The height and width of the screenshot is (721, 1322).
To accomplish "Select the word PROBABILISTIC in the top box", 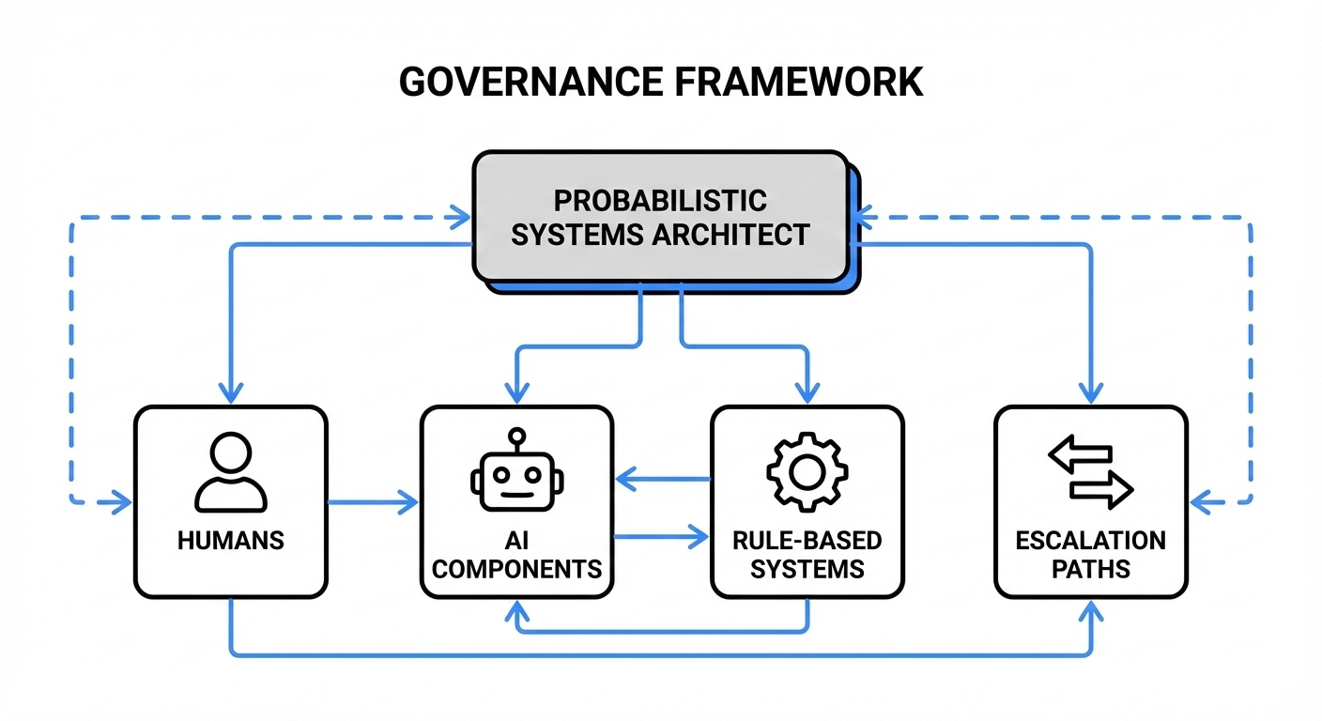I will pyautogui.click(x=659, y=201).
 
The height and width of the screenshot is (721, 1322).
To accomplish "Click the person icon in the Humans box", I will pyautogui.click(x=231, y=471).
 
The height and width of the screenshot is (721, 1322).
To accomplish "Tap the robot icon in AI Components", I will pyautogui.click(x=515, y=471).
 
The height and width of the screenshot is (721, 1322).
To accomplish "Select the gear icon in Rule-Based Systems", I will pyautogui.click(x=807, y=471).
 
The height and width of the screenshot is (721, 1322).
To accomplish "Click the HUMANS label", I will pyautogui.click(x=231, y=541).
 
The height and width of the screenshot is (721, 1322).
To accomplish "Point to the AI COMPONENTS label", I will pyautogui.click(x=516, y=555).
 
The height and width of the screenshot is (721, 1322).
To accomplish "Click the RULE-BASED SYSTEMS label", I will pyautogui.click(x=807, y=555).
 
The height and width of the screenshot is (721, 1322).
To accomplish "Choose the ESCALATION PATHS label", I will pyautogui.click(x=1090, y=555).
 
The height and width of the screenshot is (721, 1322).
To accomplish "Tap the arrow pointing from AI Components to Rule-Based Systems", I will pyautogui.click(x=662, y=538).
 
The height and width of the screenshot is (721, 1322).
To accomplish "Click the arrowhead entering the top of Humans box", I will pyautogui.click(x=231, y=394).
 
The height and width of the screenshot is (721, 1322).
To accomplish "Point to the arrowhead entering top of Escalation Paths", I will pyautogui.click(x=1090, y=394).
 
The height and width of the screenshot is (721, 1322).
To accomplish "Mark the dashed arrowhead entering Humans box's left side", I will pyautogui.click(x=122, y=504).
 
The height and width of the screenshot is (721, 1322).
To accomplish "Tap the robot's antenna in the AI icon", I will pyautogui.click(x=515, y=440).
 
